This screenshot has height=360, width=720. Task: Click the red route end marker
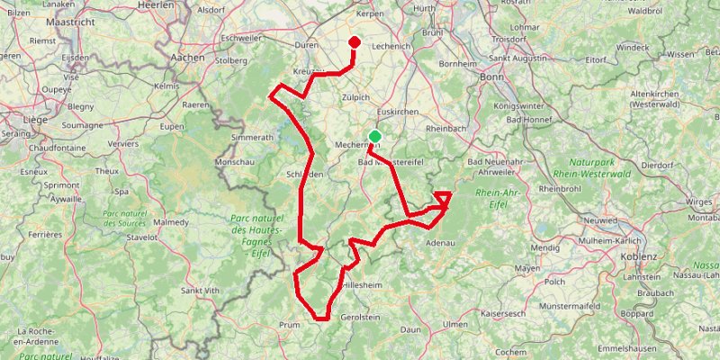(354, 42)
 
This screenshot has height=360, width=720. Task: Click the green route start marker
(374, 137)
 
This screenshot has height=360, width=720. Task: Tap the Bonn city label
(492, 77)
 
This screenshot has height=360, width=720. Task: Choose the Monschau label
(235, 162)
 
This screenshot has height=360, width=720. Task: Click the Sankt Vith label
(201, 290)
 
